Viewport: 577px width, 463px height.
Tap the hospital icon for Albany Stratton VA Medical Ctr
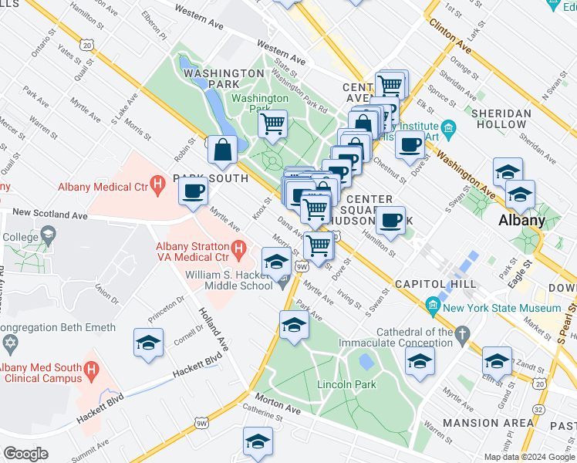[238, 248]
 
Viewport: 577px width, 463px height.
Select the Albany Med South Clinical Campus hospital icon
[92, 372]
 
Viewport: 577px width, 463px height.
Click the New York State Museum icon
[432, 308]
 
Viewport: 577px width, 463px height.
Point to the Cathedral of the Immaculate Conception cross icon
[462, 334]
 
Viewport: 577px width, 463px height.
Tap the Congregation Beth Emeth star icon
[8, 342]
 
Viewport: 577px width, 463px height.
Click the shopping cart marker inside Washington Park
[272, 123]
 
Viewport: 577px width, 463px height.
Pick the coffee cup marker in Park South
[193, 190]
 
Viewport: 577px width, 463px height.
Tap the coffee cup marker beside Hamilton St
[391, 218]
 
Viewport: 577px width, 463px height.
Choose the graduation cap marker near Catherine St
[258, 440]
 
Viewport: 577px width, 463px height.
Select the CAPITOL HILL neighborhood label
[427, 284]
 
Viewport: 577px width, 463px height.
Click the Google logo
[25, 453]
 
